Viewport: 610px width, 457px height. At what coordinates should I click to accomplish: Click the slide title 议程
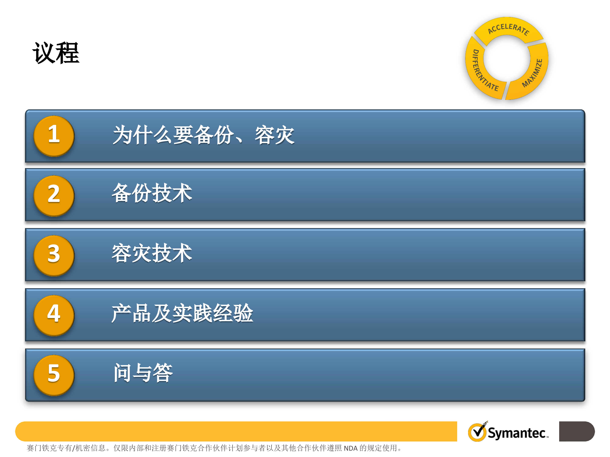[56, 53]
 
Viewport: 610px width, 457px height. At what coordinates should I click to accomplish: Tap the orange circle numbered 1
[54, 136]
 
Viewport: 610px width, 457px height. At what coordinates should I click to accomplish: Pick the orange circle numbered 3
[54, 255]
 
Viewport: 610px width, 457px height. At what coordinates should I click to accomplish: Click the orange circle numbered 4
[54, 315]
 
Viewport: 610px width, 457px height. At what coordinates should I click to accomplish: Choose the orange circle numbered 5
[54, 375]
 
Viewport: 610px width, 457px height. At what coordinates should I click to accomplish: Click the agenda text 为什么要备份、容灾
[204, 135]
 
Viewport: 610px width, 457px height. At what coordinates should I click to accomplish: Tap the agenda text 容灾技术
[152, 253]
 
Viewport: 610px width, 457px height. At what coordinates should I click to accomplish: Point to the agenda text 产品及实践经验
[182, 313]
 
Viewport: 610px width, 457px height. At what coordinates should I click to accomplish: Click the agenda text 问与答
[143, 373]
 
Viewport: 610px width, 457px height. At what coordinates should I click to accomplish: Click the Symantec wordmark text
[518, 433]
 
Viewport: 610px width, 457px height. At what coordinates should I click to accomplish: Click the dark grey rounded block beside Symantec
[577, 431]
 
